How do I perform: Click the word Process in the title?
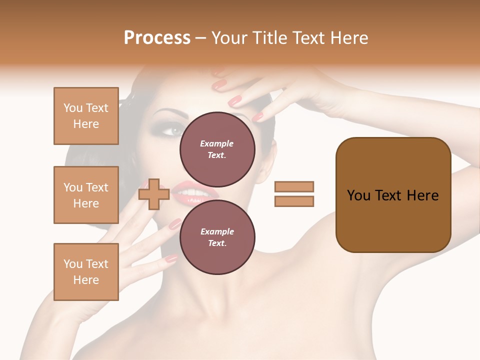click(x=157, y=38)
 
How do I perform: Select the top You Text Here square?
click(x=86, y=116)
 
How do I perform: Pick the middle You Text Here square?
click(x=86, y=195)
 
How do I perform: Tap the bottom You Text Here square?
click(x=86, y=272)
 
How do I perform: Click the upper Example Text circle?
click(x=217, y=149)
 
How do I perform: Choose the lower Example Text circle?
click(x=217, y=237)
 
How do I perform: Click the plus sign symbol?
click(x=154, y=194)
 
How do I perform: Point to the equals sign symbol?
click(x=294, y=194)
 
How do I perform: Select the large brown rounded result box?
click(x=393, y=195)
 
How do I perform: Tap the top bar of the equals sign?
click(x=294, y=187)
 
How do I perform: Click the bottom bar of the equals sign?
click(x=294, y=201)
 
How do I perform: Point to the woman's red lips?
click(x=200, y=193)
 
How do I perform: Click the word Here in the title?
click(x=349, y=38)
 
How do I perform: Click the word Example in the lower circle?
click(x=217, y=231)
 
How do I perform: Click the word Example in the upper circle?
click(x=217, y=143)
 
